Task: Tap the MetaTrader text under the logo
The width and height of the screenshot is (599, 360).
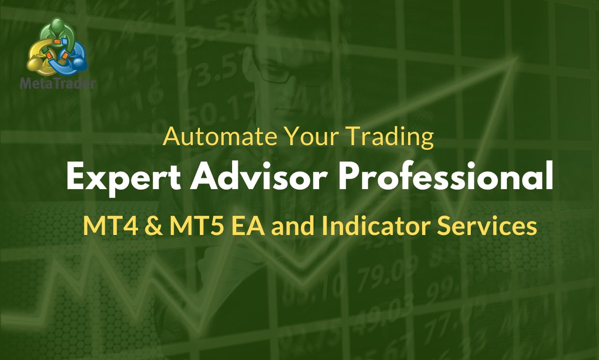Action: click(58, 84)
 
